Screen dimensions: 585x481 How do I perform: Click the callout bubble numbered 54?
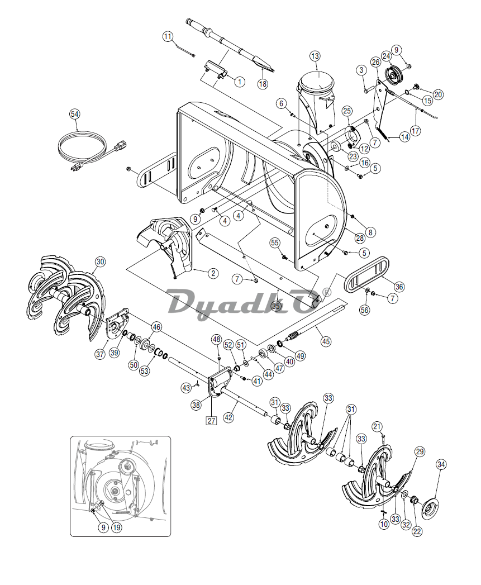[75, 113]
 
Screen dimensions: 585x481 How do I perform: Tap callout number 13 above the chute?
[315, 56]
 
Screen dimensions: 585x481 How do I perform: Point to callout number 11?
[168, 37]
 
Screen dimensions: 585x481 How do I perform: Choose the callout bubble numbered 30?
[100, 261]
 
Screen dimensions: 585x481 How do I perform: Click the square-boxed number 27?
[211, 421]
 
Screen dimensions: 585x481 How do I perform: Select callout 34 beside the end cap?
[441, 464]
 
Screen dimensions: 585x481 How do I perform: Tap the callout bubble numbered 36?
[398, 287]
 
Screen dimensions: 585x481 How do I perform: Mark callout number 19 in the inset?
[117, 527]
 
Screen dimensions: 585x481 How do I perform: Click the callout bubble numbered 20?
[438, 94]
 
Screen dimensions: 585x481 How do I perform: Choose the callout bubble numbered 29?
[420, 451]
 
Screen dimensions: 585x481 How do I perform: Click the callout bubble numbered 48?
[217, 339]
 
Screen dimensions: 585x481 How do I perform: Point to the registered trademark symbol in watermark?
[327, 292]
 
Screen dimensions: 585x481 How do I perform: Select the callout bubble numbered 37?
[100, 354]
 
